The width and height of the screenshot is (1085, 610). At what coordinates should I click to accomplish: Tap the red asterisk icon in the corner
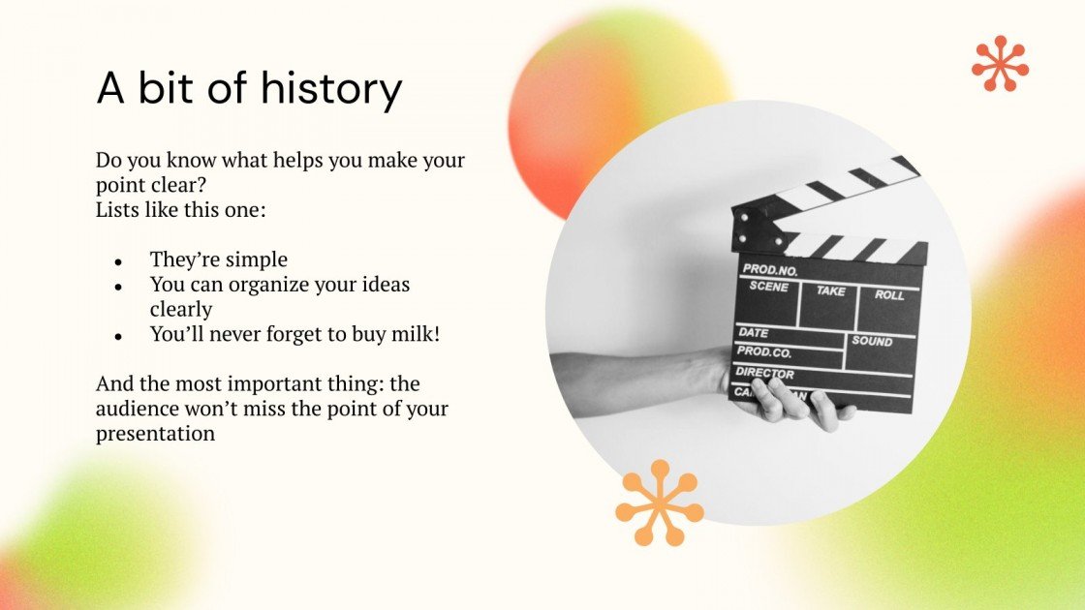pyautogui.click(x=1000, y=64)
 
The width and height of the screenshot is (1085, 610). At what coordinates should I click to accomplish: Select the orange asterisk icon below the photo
pyautogui.click(x=660, y=503)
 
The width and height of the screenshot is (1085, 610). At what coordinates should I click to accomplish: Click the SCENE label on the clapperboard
pyautogui.click(x=769, y=288)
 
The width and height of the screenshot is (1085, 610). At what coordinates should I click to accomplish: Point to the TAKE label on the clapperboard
pyautogui.click(x=830, y=290)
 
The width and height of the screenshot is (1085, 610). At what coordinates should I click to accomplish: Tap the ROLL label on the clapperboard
pyautogui.click(x=889, y=294)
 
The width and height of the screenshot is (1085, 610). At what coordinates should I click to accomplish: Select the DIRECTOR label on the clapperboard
pyautogui.click(x=765, y=373)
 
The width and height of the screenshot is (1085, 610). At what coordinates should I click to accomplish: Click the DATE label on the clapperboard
pyautogui.click(x=754, y=332)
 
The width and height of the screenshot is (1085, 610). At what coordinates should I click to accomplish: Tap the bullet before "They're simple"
pyautogui.click(x=118, y=261)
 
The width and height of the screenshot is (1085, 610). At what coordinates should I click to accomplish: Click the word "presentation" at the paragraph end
pyautogui.click(x=155, y=434)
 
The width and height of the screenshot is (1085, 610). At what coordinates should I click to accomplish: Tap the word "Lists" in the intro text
pyautogui.click(x=115, y=209)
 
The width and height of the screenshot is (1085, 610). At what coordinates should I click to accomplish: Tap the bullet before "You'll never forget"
pyautogui.click(x=118, y=336)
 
